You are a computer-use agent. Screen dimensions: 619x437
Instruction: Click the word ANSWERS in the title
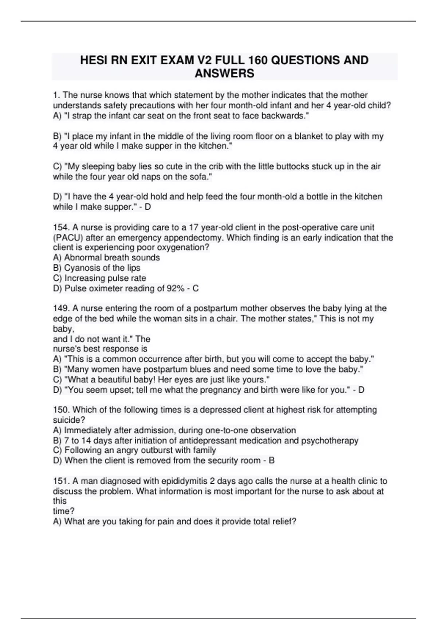(x=224, y=73)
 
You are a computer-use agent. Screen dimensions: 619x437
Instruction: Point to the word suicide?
(x=69, y=420)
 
